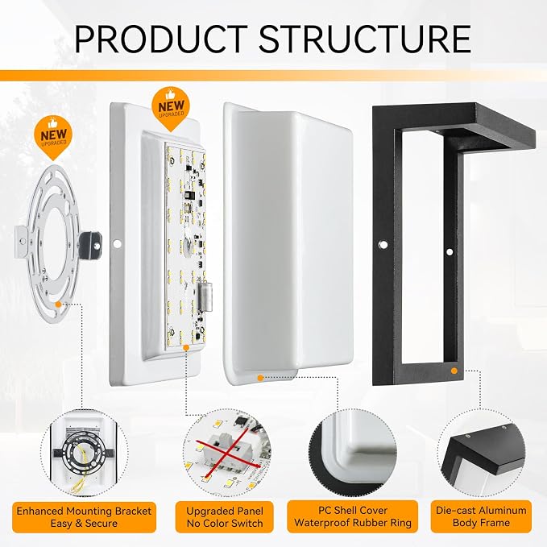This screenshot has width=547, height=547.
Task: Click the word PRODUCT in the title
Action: (x=161, y=39)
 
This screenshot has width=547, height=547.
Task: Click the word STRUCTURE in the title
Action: (x=365, y=39)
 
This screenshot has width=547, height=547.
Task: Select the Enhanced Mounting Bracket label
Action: (x=84, y=517)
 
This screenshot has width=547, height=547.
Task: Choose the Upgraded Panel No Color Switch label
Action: (x=224, y=517)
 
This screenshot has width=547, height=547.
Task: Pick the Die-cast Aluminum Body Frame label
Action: (x=481, y=516)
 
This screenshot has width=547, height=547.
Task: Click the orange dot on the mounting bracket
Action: (x=58, y=305)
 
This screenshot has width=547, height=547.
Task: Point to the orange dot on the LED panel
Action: (x=186, y=348)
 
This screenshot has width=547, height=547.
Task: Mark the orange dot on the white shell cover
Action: (x=260, y=378)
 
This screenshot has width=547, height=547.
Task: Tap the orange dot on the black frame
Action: (x=454, y=371)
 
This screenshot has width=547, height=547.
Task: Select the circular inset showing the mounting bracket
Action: (x=84, y=453)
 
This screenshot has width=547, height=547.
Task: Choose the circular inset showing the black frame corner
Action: (x=482, y=453)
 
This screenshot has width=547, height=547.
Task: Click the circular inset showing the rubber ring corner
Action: (x=352, y=453)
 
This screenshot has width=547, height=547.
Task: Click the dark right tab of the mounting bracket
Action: (x=90, y=244)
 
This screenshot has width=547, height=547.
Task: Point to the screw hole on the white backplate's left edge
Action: (x=118, y=243)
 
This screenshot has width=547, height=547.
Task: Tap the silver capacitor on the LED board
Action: (x=205, y=296)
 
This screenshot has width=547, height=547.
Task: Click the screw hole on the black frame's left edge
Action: (x=383, y=244)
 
